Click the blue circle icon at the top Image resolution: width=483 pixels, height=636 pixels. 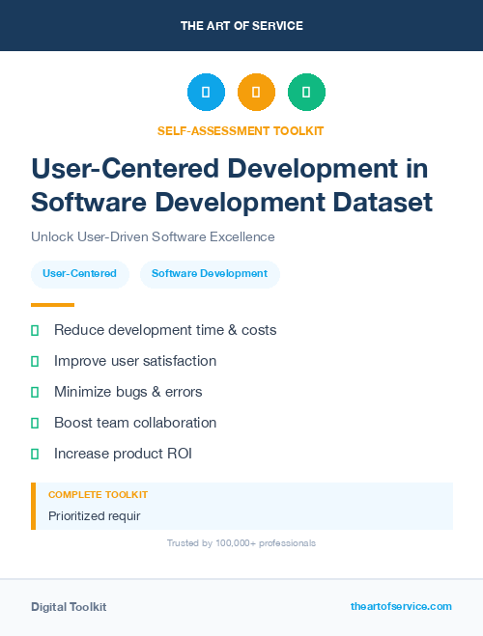(206, 93)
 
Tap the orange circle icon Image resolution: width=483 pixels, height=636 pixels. (256, 93)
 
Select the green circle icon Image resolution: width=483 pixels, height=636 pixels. (306, 93)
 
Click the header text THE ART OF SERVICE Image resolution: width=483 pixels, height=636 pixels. (241, 26)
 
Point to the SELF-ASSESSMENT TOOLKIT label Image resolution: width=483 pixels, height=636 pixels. (241, 130)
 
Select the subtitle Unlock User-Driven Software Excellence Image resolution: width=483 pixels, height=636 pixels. (153, 236)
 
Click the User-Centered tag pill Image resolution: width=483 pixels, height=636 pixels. (79, 273)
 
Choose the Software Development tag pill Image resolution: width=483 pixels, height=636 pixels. (210, 273)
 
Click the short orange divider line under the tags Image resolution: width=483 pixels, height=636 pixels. (52, 305)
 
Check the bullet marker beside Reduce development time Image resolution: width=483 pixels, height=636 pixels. (35, 330)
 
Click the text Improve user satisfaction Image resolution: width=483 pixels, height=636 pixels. (135, 361)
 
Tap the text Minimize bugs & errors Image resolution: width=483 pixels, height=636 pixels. (128, 392)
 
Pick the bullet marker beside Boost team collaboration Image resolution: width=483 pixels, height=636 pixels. (35, 423)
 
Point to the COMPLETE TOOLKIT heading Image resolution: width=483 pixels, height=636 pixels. (99, 494)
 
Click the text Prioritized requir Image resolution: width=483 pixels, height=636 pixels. (95, 515)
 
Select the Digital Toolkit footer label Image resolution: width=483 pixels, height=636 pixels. (69, 607)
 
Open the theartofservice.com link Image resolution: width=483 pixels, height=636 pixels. (401, 606)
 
